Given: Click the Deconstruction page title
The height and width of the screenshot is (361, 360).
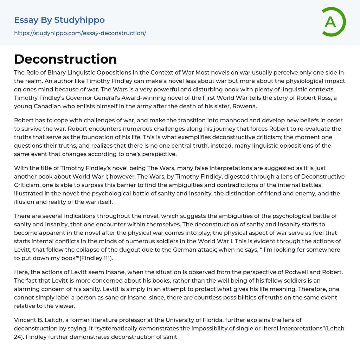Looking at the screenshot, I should tap(65, 59).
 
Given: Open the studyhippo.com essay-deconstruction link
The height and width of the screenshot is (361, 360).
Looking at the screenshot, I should tap(80, 33).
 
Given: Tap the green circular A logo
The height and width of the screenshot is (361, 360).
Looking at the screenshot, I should tap(332, 22).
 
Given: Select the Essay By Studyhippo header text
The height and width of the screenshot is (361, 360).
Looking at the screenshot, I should tap(59, 20).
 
